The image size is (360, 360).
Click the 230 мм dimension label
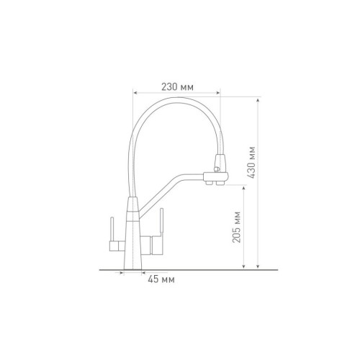pyautogui.click(x=177, y=87)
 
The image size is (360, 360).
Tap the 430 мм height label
pyautogui.click(x=251, y=162)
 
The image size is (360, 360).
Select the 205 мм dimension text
pyautogui.click(x=237, y=227)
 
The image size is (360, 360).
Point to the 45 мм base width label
pyautogui.click(x=161, y=279)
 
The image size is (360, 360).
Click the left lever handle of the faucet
pyautogui.click(x=112, y=230)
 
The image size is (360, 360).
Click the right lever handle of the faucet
pyautogui.click(x=162, y=222)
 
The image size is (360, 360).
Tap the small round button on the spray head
pyautogui.click(x=216, y=169)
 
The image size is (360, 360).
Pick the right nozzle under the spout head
pyautogui.click(x=220, y=184)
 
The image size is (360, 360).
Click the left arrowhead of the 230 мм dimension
pyautogui.click(x=135, y=93)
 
